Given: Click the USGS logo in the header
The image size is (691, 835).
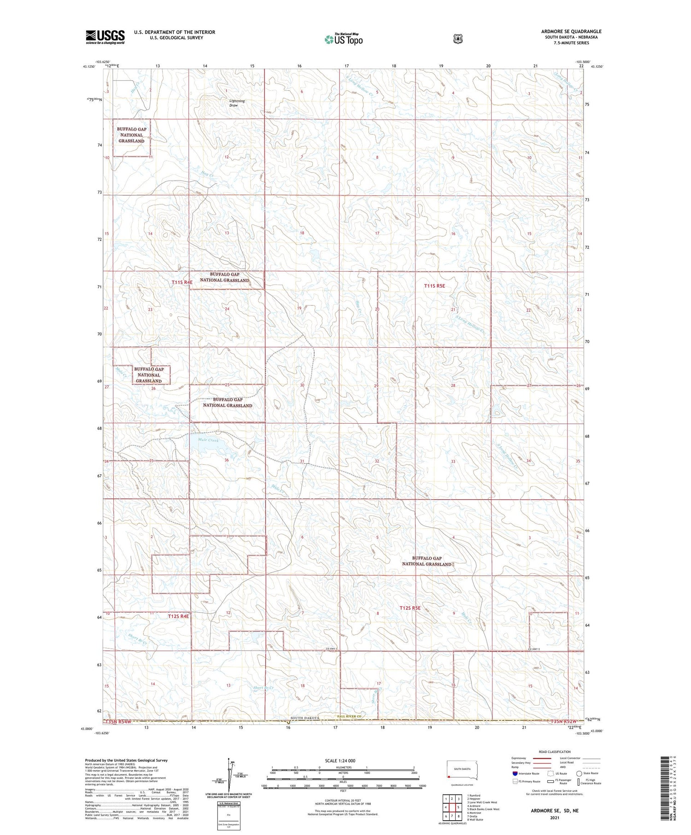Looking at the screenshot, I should (x=105, y=37).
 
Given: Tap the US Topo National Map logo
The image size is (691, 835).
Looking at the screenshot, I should (x=344, y=39).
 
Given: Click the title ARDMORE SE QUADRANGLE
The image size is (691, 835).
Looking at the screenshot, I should (x=571, y=31).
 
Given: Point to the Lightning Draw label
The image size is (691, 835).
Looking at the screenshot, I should (x=237, y=103).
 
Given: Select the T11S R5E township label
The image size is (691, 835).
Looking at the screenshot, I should (x=434, y=286).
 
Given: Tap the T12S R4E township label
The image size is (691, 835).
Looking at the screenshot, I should (x=178, y=616).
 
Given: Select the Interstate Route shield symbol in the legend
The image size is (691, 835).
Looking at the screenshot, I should (x=515, y=773).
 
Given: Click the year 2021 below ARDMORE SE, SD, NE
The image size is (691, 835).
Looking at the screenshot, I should (x=554, y=818).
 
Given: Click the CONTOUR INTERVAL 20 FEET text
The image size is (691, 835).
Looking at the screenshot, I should (x=343, y=801).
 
